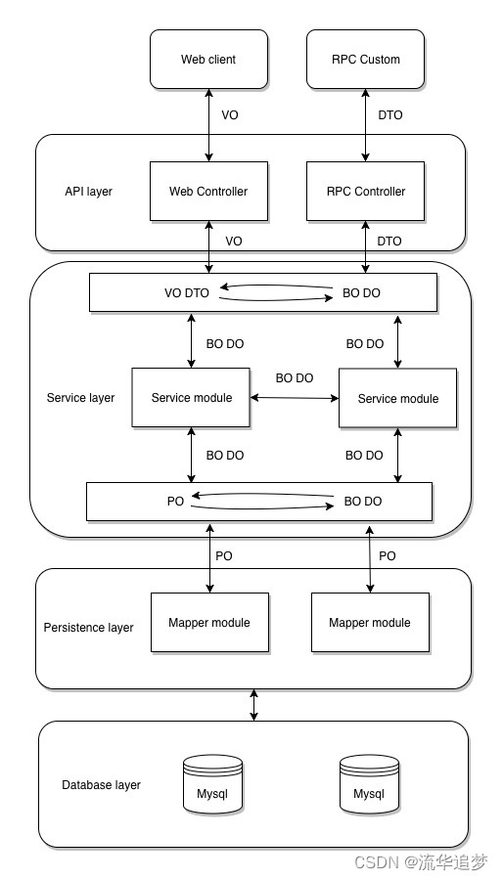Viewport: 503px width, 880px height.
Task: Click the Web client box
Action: [x=208, y=59]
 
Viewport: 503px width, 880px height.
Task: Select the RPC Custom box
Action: [x=365, y=59]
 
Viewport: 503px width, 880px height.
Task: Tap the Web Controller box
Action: [x=208, y=192]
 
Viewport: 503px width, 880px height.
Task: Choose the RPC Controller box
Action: [x=365, y=192]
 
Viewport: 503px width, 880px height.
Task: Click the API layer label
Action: [x=89, y=192]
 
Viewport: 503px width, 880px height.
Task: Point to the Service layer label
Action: [x=81, y=398]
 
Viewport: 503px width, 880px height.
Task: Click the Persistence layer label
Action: [x=89, y=628]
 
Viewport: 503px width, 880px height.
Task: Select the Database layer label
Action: [x=101, y=784]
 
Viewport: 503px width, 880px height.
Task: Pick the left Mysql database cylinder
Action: [x=212, y=784]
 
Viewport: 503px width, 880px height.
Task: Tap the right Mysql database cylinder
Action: [x=369, y=784]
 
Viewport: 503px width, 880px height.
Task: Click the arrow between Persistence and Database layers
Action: [x=253, y=705]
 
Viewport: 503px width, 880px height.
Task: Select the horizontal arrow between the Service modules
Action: [x=295, y=398]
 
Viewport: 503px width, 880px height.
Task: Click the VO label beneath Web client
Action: [x=230, y=115]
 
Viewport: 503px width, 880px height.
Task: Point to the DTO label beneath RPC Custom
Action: [x=390, y=115]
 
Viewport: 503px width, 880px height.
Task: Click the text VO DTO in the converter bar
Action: [x=187, y=293]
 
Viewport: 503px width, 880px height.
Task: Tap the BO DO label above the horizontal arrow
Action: [x=295, y=378]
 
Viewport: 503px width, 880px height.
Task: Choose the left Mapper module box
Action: [x=209, y=623]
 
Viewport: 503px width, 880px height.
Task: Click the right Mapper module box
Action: [x=370, y=623]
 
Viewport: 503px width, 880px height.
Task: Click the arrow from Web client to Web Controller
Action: [x=208, y=125]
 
